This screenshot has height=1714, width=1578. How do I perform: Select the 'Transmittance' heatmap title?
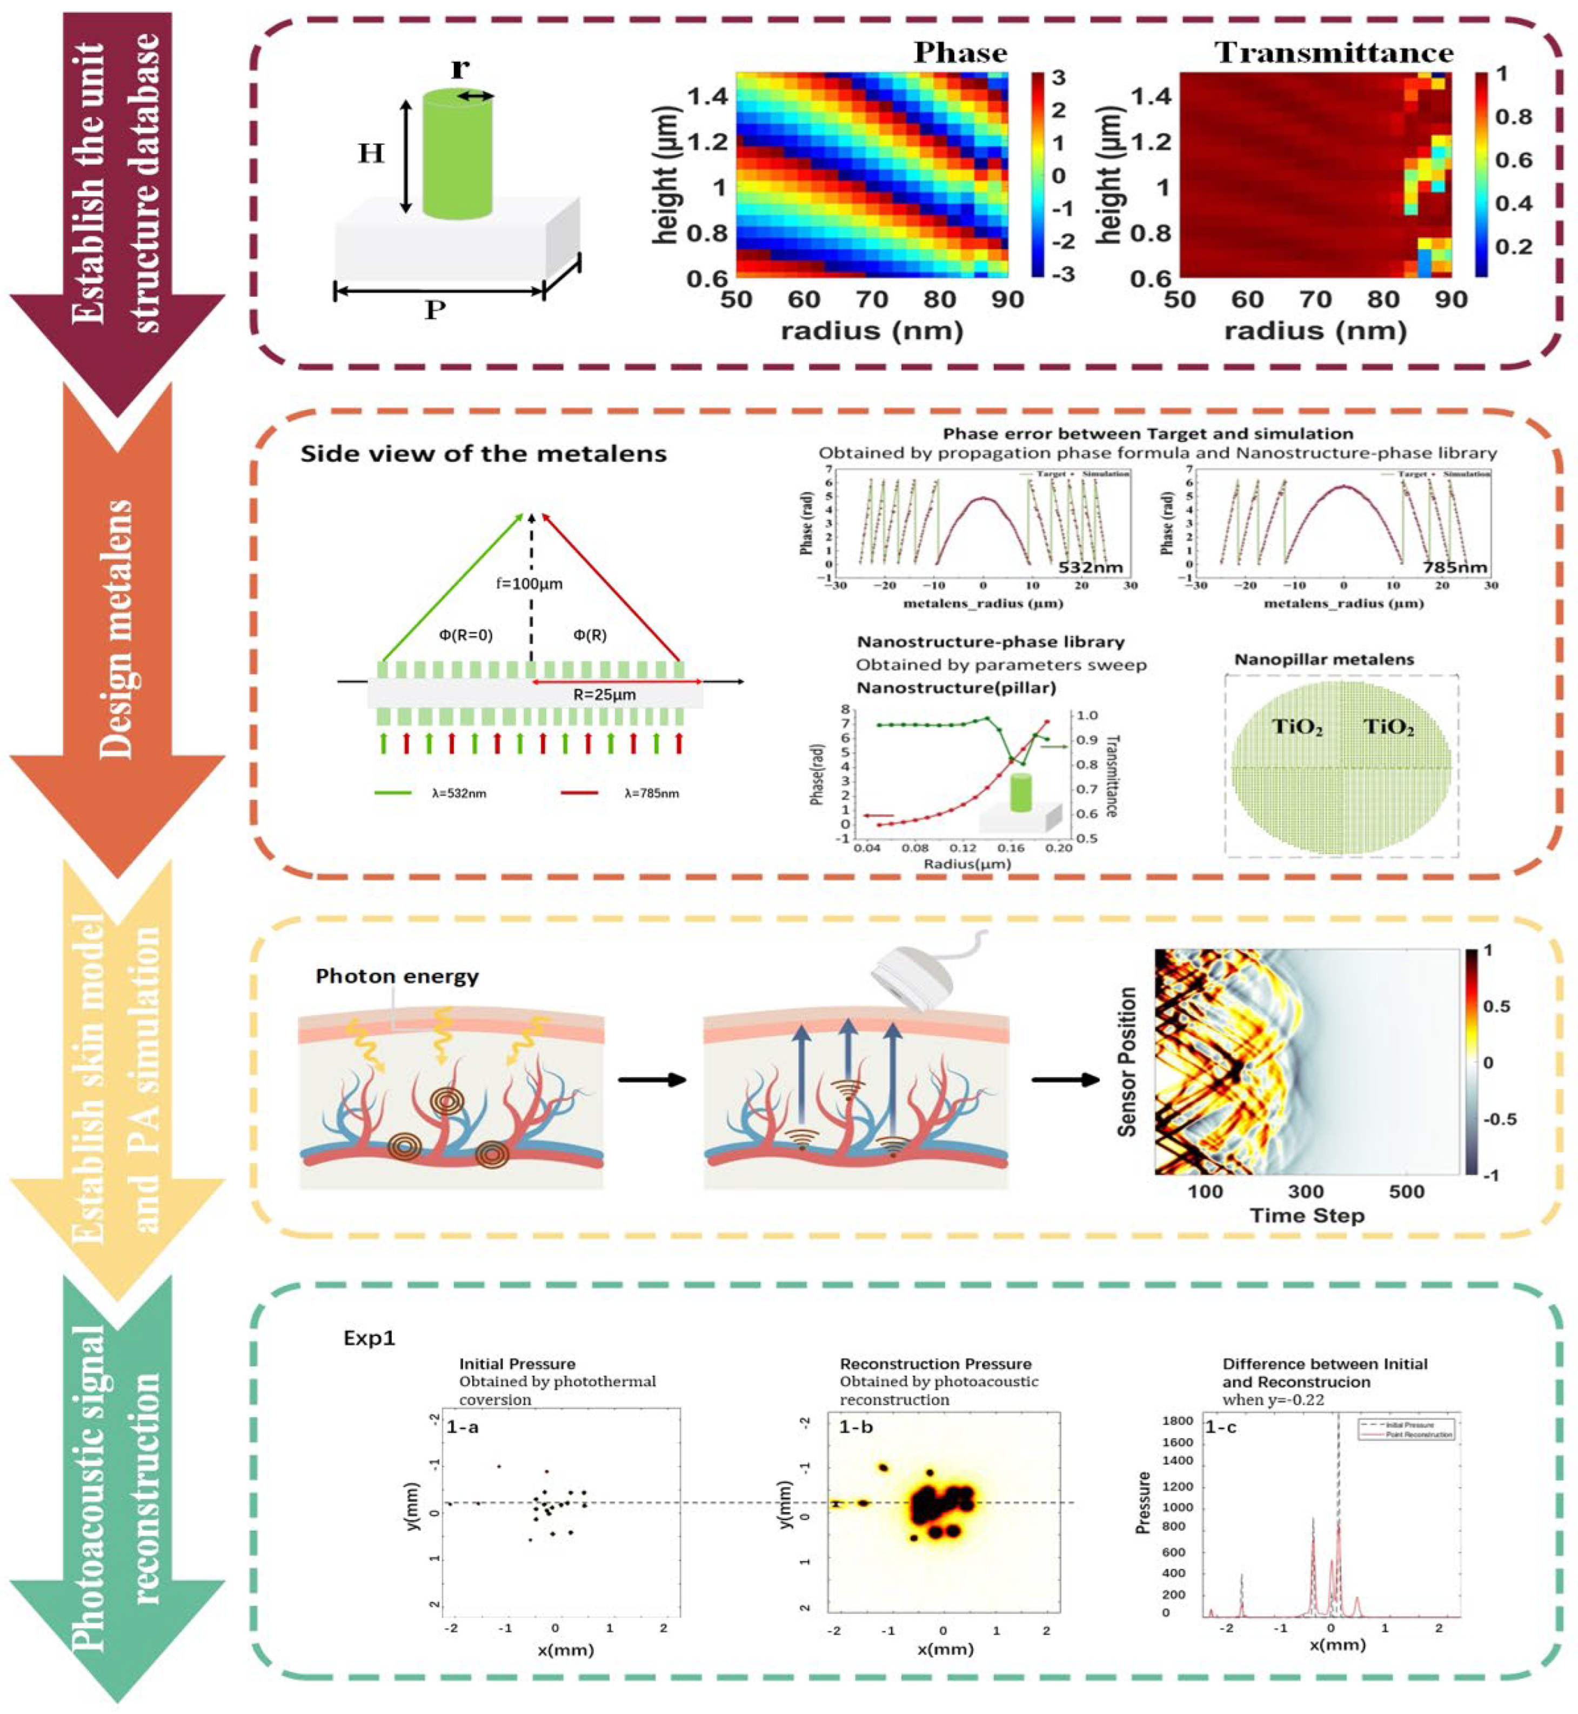point(1334,53)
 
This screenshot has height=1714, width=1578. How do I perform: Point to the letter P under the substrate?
point(436,309)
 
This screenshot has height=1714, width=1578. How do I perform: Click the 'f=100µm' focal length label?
point(530,584)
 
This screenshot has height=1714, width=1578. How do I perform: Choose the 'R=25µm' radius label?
point(605,695)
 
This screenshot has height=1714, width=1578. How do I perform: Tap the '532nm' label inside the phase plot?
point(1091,567)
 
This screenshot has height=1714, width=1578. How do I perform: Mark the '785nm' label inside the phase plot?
point(1454,567)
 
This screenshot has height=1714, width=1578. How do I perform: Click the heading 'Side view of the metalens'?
point(483,453)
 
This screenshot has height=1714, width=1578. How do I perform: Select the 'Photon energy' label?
point(397,976)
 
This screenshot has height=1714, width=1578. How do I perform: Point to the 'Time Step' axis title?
point(1307,1215)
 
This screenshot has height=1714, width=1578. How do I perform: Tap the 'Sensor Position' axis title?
point(1127,1062)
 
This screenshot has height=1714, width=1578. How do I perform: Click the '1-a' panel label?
point(463,1426)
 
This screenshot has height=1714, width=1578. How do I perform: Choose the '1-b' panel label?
point(855,1427)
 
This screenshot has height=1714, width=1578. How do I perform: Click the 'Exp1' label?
point(369,1337)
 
